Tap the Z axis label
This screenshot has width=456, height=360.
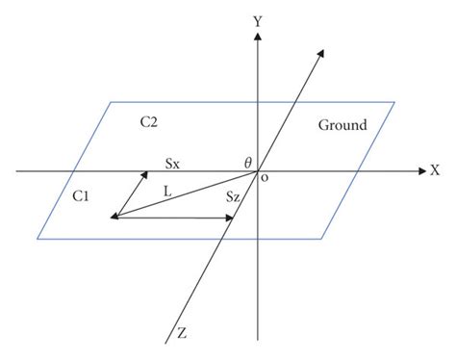180,333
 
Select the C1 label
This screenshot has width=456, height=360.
82,195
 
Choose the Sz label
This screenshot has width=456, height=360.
233,195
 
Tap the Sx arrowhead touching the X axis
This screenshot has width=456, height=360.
144,173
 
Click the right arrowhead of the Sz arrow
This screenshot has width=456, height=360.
231,218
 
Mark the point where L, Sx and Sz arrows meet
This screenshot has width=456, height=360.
113,218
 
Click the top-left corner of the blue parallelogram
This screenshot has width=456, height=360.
112,102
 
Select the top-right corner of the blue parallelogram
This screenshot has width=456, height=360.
395,101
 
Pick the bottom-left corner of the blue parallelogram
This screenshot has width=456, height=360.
38,238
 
